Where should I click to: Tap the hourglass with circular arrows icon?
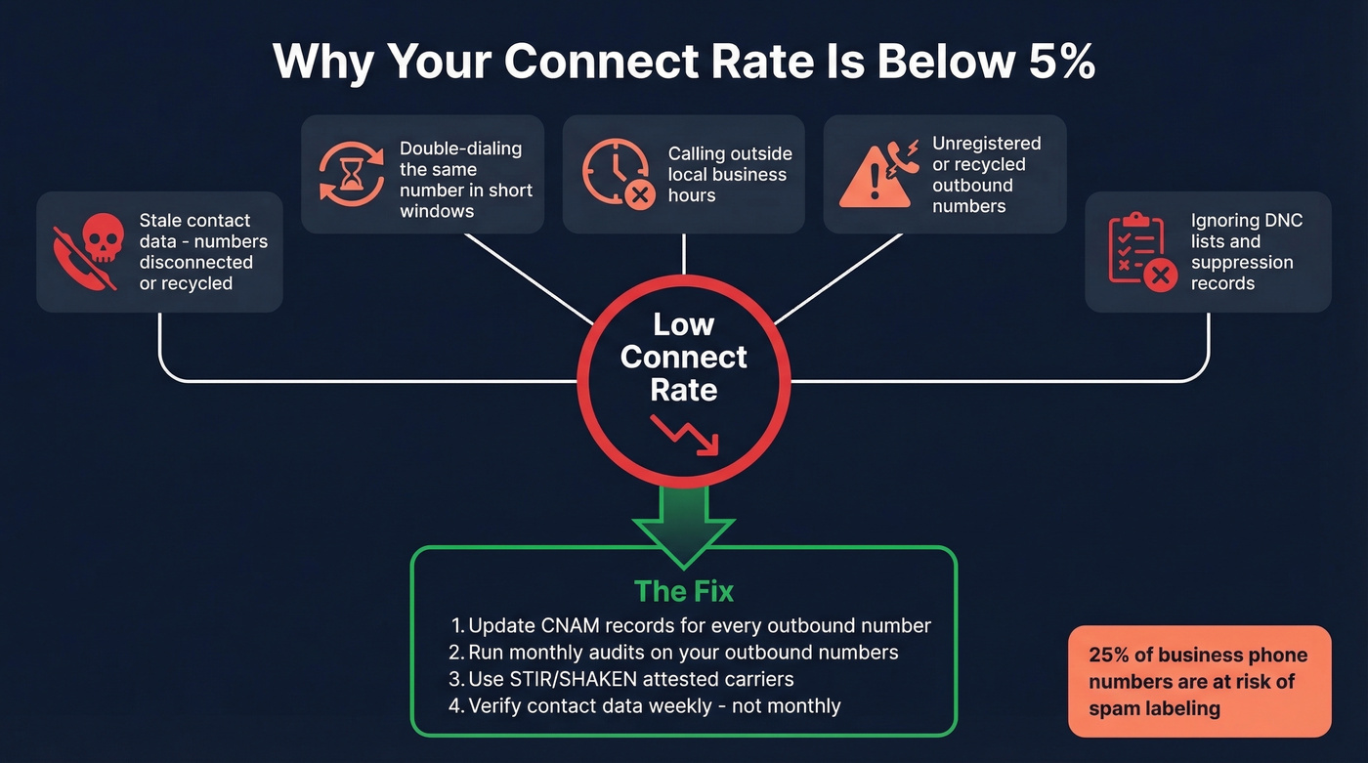pyautogui.click(x=352, y=174)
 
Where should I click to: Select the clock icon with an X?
pyautogui.click(x=617, y=174)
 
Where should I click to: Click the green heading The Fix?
pyautogui.click(x=683, y=591)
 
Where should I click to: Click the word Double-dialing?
pyautogui.click(x=460, y=148)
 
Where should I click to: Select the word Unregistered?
pyautogui.click(x=986, y=144)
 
